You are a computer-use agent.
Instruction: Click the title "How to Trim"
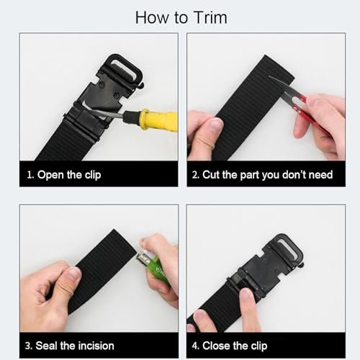coord(179,17)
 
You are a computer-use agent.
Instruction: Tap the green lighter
coord(157,268)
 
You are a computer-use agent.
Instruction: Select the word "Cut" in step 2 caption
coord(215,174)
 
